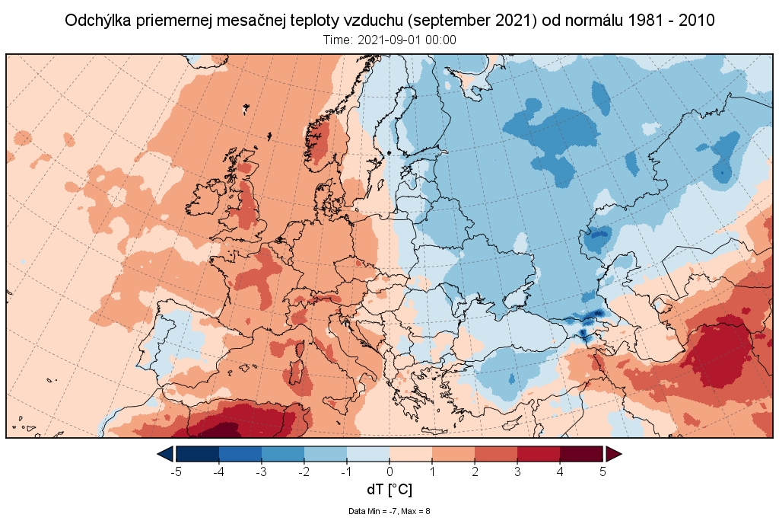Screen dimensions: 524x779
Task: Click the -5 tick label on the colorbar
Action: click(x=176, y=471)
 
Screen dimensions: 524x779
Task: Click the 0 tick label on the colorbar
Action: click(x=389, y=471)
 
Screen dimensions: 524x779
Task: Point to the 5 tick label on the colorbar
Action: click(x=603, y=471)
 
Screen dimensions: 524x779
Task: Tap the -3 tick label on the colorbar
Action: click(x=261, y=471)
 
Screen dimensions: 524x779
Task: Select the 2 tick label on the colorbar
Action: click(x=475, y=471)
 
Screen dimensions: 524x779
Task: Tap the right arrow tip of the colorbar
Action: click(x=620, y=454)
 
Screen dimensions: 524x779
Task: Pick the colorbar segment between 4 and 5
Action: click(x=581, y=454)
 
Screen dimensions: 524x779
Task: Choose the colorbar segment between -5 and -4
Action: click(x=198, y=454)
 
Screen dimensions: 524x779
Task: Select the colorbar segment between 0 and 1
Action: click(x=411, y=454)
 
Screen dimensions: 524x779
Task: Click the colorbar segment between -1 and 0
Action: click(x=368, y=454)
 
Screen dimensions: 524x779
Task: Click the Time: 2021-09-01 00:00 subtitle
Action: click(x=389, y=40)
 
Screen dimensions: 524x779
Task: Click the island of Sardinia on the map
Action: click(x=297, y=376)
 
